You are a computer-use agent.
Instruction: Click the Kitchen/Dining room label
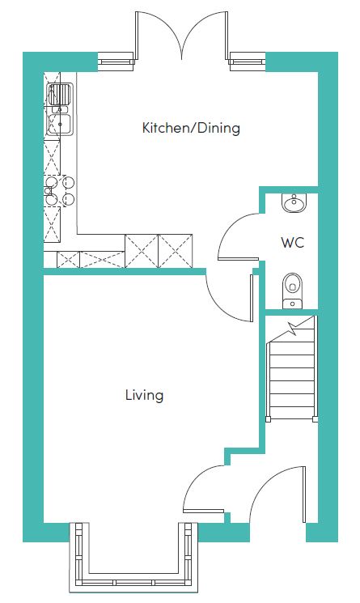191,128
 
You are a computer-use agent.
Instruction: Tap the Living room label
145,395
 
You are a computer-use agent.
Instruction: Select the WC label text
292,243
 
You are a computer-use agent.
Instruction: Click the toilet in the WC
292,291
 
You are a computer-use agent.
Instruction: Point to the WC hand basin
294,202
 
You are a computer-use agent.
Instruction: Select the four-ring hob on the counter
60,190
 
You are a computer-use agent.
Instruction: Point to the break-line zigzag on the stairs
294,328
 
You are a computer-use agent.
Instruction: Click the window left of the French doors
116,62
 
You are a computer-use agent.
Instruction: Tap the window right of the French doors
248,62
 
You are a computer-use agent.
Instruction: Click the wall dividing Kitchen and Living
125,272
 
